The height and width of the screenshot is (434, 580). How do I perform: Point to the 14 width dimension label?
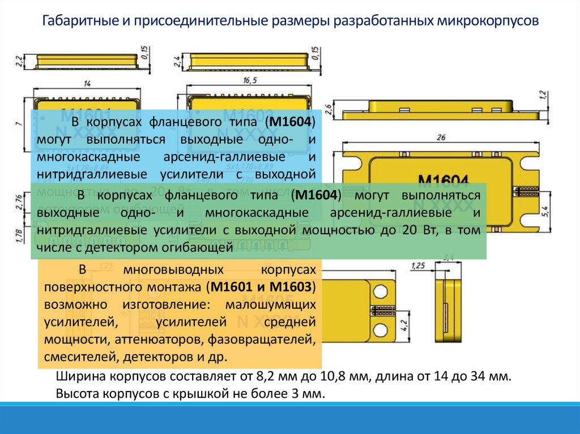[x=87, y=84]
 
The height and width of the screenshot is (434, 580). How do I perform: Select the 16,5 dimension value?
[x=250, y=80]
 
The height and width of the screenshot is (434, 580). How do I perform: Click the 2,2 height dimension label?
[x=18, y=60]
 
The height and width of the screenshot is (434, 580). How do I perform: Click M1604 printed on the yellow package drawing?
[x=443, y=181]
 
